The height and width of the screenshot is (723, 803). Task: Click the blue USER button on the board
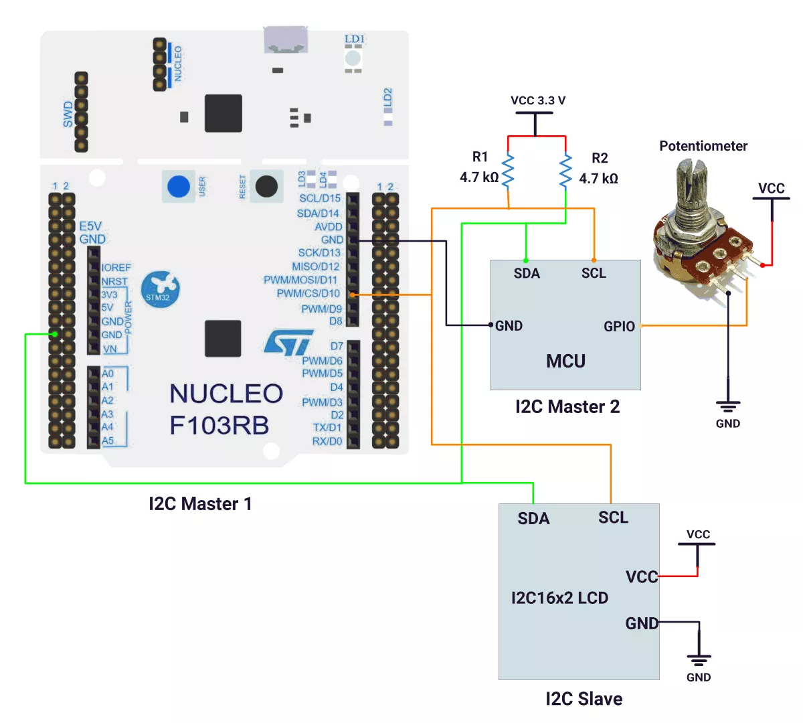(x=179, y=186)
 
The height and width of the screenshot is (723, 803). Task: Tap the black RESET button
(x=266, y=186)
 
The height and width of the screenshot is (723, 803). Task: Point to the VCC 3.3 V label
(x=537, y=100)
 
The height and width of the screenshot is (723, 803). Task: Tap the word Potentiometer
(x=703, y=146)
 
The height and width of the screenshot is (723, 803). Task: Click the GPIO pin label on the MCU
(x=619, y=326)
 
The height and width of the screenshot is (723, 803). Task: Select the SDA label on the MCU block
(x=527, y=273)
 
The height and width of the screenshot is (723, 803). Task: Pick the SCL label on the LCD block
(x=613, y=517)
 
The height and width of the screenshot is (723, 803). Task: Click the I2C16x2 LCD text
(x=559, y=598)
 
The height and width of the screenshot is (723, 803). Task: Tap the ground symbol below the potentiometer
(x=728, y=406)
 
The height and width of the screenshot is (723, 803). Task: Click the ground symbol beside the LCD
(x=699, y=660)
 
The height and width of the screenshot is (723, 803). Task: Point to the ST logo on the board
(x=289, y=342)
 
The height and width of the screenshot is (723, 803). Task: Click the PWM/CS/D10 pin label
(x=308, y=293)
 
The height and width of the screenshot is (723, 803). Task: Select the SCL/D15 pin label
(x=319, y=198)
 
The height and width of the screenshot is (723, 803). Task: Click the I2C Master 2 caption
(x=567, y=406)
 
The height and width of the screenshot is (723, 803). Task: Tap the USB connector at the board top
(x=286, y=40)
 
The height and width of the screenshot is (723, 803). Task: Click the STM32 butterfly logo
(x=161, y=289)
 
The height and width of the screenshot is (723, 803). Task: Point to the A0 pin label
(x=108, y=374)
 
